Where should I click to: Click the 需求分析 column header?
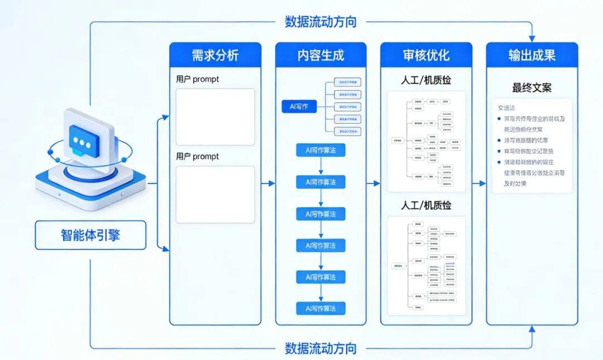click(215, 56)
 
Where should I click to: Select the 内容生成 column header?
click(320, 56)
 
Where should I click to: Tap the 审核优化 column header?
click(426, 56)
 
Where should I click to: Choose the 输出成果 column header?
click(532, 56)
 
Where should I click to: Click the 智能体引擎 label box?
click(90, 235)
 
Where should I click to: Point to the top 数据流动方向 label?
click(320, 22)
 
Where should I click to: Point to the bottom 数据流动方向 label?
click(320, 349)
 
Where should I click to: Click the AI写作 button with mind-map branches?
click(299, 107)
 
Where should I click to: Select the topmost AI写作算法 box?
click(320, 150)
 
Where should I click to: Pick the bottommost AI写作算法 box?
click(320, 308)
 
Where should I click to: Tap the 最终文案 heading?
click(532, 88)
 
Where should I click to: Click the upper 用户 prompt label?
click(198, 79)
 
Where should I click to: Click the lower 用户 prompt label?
click(198, 156)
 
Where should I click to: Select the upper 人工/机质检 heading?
click(426, 80)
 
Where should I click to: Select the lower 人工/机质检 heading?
click(426, 205)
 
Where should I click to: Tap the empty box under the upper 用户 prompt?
click(215, 117)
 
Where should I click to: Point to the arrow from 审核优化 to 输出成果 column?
click(479, 183)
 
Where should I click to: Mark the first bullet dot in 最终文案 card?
click(499, 118)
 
